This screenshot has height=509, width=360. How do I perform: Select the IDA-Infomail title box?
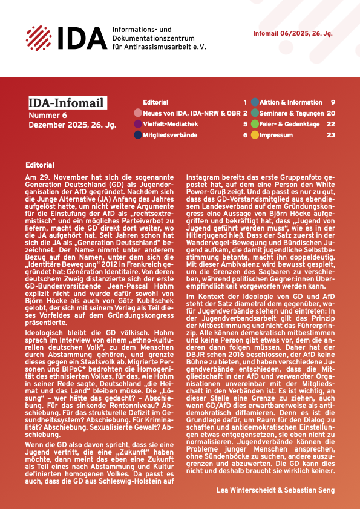[67, 103]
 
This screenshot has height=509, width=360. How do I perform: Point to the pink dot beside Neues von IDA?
[138, 113]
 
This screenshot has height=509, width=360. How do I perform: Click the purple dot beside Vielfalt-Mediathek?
[138, 124]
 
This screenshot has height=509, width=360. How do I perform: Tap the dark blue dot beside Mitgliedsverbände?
[138, 135]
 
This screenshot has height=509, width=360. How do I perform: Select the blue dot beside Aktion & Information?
[255, 102]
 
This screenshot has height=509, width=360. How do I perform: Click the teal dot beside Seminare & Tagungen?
[255, 113]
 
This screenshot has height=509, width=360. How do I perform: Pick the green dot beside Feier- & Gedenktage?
[255, 124]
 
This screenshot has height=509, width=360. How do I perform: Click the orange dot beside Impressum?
[255, 135]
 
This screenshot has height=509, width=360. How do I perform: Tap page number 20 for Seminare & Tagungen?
[331, 113]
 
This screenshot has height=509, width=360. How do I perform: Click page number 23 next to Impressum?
[331, 135]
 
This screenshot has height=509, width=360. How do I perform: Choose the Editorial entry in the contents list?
[155, 102]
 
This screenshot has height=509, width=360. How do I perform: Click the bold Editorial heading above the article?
[40, 165]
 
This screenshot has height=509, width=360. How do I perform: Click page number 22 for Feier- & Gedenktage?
[331, 124]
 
